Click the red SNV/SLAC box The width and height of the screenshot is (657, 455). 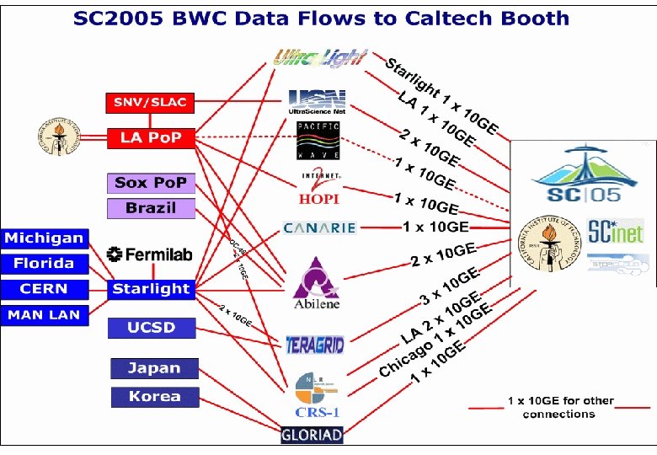(x=151, y=103)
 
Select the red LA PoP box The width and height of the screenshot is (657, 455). (x=151, y=137)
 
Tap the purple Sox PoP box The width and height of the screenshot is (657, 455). (x=152, y=183)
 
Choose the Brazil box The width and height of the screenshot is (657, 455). (x=152, y=208)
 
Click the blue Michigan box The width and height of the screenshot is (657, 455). (x=44, y=238)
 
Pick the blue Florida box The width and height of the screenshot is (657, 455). (x=44, y=264)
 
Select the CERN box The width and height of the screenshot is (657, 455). (x=44, y=289)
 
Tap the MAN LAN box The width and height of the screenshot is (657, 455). (x=44, y=315)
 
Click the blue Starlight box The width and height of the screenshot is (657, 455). (x=152, y=289)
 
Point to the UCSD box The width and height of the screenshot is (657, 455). (x=152, y=328)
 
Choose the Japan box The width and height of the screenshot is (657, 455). (x=154, y=368)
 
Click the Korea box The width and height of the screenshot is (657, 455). (x=154, y=396)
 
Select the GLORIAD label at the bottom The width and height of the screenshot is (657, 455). (x=312, y=436)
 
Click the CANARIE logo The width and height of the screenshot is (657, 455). (x=319, y=227)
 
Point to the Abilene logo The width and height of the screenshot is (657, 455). (x=316, y=283)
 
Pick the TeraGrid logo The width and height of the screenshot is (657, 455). (x=315, y=344)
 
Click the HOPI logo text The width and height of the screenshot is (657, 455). (x=319, y=198)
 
